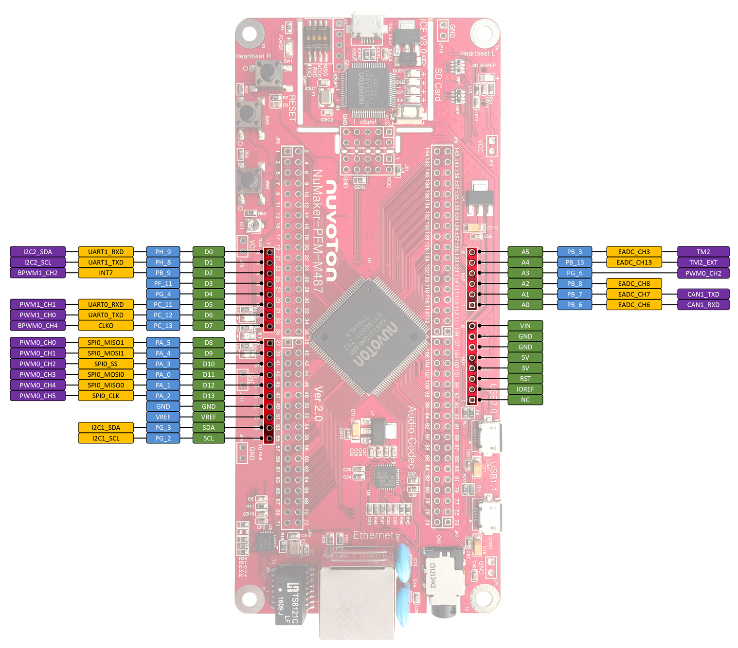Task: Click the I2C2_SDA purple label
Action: click(x=37, y=252)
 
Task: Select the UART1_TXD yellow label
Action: click(x=106, y=263)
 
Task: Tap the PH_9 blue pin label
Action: click(x=163, y=252)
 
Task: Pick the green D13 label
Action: click(x=209, y=396)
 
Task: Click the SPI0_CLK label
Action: click(x=106, y=396)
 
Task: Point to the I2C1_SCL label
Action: click(x=106, y=438)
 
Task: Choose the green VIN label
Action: click(x=525, y=326)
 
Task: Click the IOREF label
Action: click(x=525, y=389)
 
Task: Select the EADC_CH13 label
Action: click(x=634, y=263)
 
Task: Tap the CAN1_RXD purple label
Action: click(x=703, y=305)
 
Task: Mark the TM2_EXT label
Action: click(x=703, y=263)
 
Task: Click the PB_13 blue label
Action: click(x=575, y=263)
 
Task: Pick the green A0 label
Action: click(x=525, y=305)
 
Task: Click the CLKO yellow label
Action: click(x=106, y=326)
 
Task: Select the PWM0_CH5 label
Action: click(x=37, y=396)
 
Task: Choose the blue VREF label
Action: click(x=163, y=417)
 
